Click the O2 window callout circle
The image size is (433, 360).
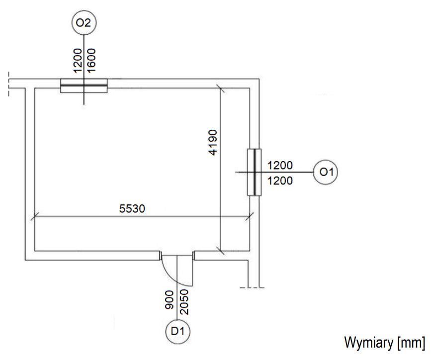click(x=83, y=23)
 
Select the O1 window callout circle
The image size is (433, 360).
click(x=326, y=172)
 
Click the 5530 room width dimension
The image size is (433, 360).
click(x=132, y=209)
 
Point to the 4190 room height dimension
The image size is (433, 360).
click(x=213, y=143)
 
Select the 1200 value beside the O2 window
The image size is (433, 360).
click(x=78, y=60)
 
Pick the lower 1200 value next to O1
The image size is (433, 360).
click(x=280, y=181)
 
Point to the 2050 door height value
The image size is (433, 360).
click(x=184, y=301)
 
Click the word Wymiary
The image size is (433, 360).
click(x=368, y=343)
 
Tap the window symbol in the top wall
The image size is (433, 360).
click(x=84, y=86)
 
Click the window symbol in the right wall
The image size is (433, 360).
click(x=254, y=172)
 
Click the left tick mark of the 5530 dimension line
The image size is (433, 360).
click(x=34, y=216)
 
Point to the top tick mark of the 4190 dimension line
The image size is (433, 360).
click(x=220, y=89)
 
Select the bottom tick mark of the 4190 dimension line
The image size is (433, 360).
click(x=220, y=250)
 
